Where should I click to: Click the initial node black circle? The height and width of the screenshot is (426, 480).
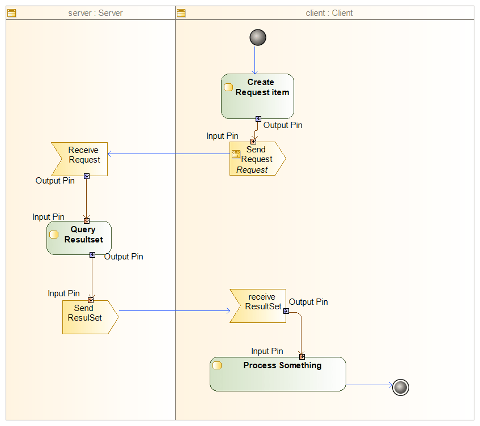tap(257, 37)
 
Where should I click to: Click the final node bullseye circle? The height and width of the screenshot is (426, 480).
tap(400, 387)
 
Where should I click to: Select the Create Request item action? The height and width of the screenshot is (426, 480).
tap(257, 96)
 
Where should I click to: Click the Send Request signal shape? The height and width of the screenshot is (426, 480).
tap(257, 159)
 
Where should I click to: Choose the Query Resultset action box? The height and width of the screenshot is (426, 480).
tap(79, 237)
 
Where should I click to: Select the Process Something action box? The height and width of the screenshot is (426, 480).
tap(278, 374)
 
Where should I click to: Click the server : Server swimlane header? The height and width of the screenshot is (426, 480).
tap(91, 12)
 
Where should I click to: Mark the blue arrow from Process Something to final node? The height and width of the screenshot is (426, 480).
tap(368, 385)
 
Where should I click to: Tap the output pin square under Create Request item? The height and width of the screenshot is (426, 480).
tap(258, 119)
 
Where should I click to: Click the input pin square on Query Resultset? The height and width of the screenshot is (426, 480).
tap(87, 221)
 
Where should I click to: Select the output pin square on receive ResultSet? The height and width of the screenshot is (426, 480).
tap(286, 310)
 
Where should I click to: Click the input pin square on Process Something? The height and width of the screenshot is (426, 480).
tap(301, 356)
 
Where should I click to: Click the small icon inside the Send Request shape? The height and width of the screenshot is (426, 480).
tap(236, 155)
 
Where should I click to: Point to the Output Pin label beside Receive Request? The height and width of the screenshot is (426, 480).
tap(55, 181)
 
